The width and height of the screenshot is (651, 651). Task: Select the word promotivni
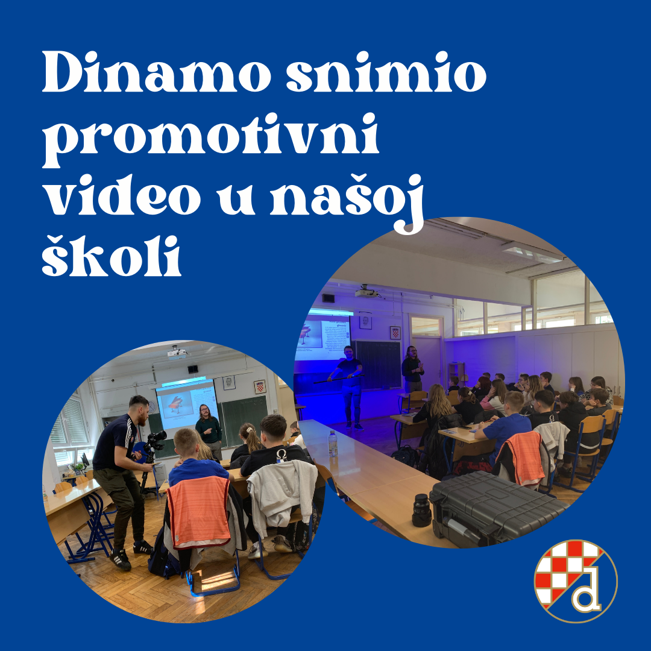tap(210, 139)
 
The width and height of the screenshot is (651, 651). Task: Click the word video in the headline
tap(124, 195)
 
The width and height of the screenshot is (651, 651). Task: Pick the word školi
tap(112, 256)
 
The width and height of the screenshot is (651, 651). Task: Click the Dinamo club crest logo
tap(576, 581)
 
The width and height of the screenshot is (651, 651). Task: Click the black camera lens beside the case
tap(421, 511)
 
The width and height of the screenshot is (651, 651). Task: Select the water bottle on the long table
tap(333, 444)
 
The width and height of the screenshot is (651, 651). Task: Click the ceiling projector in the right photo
tap(366, 292)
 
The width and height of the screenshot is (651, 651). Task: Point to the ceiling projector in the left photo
tap(177, 352)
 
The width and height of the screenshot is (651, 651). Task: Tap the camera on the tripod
tap(156, 439)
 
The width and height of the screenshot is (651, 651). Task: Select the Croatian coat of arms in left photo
tap(260, 386)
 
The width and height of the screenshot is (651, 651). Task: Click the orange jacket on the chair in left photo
tap(198, 511)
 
